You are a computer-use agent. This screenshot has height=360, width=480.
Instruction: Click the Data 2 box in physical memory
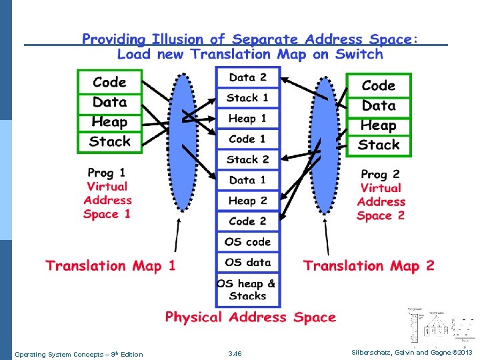coord(247,77)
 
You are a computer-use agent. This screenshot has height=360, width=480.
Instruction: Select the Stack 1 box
coord(247,98)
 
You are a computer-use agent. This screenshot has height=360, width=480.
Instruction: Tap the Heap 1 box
coord(247,119)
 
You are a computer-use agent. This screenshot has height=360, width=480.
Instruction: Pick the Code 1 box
coord(247,139)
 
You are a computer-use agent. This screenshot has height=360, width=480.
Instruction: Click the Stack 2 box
coord(247,160)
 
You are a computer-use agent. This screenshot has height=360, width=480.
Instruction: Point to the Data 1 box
coord(247,180)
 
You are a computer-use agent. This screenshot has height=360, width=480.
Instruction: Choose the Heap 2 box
coord(247,201)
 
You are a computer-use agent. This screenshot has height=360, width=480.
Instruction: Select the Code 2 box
coord(247,221)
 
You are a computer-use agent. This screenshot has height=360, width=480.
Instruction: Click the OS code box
coord(247,242)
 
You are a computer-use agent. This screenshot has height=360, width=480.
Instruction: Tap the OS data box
coord(247,263)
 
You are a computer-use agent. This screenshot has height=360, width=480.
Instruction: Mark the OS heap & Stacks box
coord(247,289)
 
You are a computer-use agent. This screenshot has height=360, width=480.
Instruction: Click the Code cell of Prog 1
coord(109,82)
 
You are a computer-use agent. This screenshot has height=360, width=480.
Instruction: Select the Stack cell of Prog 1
coord(109,141)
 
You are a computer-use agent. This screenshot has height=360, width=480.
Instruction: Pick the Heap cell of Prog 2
coord(379,125)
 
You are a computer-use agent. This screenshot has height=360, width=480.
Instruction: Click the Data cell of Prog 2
coord(379,105)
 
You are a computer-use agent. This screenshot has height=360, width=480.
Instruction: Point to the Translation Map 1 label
coord(111,266)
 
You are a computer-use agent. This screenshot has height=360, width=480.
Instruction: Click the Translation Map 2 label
coord(369,266)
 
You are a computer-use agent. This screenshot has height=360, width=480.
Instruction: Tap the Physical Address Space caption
coord(251,317)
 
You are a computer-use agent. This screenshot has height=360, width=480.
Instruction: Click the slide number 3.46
coord(235,353)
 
